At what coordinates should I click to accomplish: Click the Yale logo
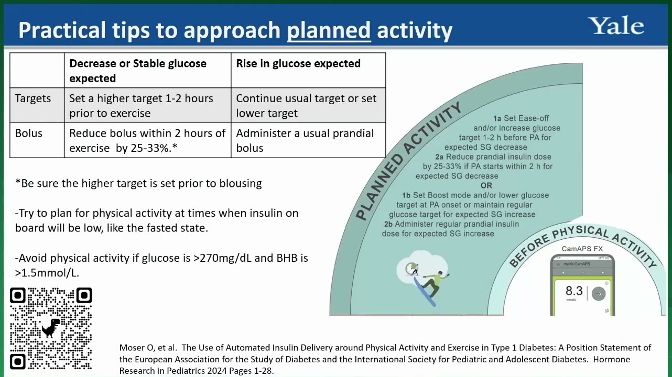(616, 26)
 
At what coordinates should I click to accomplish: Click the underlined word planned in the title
(329, 30)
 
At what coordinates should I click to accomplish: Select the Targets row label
(33, 98)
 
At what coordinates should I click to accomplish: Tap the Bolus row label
(28, 133)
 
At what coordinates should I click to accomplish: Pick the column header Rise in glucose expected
(298, 63)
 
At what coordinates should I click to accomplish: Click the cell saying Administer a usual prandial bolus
(305, 140)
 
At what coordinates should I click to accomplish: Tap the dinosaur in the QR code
(51, 328)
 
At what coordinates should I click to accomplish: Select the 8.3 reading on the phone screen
(574, 291)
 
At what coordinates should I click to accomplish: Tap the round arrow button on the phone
(599, 294)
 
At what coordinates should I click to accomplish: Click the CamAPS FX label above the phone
(582, 249)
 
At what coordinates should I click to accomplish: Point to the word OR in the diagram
(486, 185)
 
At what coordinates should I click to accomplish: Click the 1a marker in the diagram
(497, 118)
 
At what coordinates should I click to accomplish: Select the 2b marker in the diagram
(388, 224)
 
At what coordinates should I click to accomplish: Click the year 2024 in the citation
(216, 371)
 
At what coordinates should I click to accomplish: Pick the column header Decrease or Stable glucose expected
(138, 71)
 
